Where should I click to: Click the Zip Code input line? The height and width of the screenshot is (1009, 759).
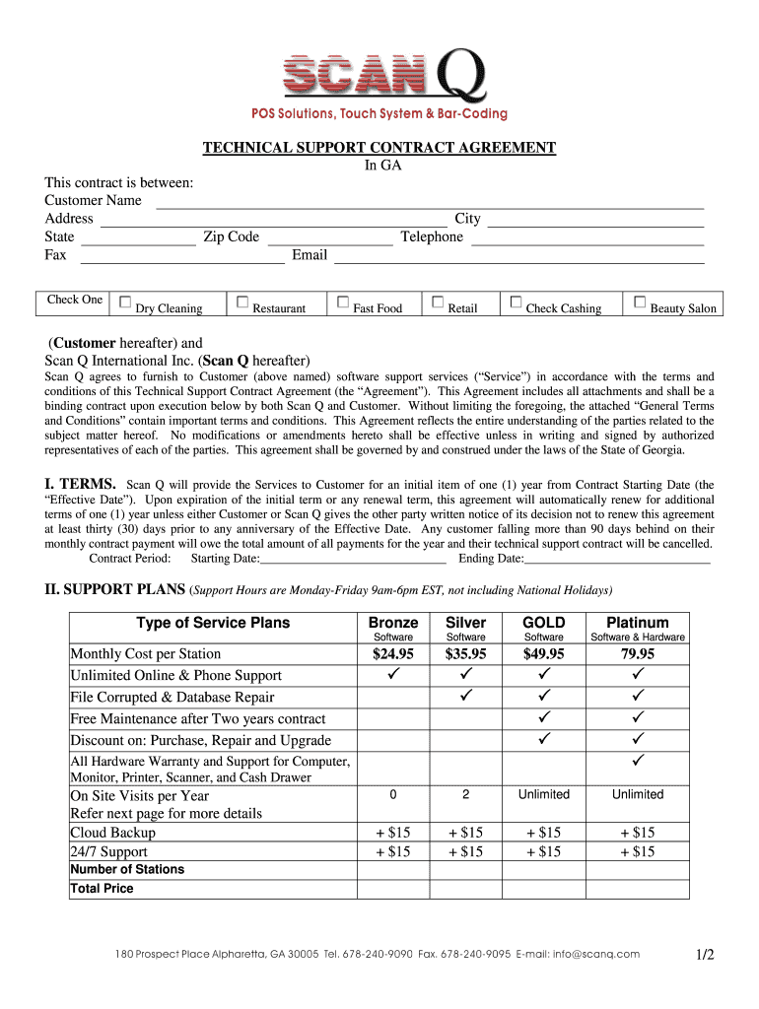tap(330, 238)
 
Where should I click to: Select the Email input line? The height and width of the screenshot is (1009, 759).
tap(518, 257)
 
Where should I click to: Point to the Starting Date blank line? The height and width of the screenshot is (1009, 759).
tap(353, 560)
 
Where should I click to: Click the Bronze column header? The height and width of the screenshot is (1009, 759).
tap(393, 623)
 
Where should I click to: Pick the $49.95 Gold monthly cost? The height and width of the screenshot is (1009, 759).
tap(544, 654)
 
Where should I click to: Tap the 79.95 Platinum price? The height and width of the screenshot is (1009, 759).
tap(638, 654)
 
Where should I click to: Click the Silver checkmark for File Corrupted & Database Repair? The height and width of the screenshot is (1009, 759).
tap(466, 697)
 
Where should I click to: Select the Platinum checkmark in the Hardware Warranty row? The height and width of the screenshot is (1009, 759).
tap(638, 761)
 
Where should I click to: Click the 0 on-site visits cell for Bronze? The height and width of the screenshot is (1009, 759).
tap(393, 795)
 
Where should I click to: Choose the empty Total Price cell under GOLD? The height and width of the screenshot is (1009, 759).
tap(544, 889)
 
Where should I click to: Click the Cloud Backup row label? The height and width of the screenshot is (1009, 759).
tap(113, 833)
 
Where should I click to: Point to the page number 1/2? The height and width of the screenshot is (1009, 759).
tap(703, 955)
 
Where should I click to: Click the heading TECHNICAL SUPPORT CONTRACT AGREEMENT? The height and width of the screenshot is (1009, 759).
tap(379, 148)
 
